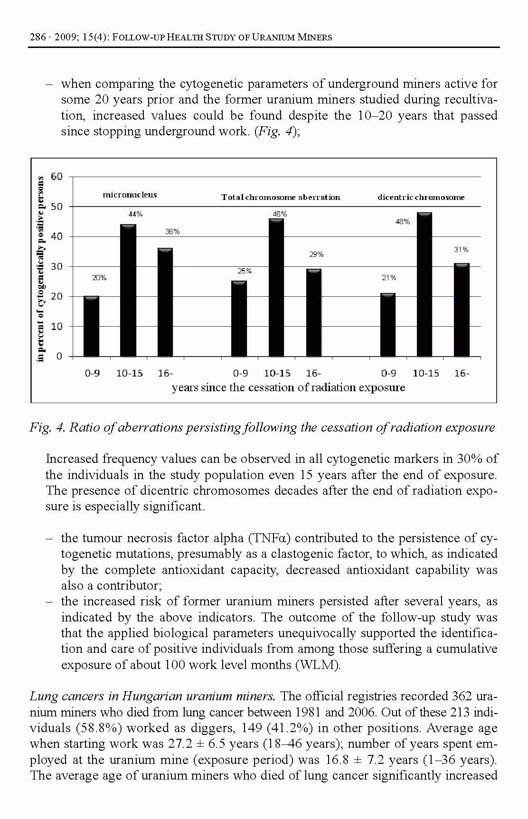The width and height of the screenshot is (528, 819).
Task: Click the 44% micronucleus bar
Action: (x=128, y=290)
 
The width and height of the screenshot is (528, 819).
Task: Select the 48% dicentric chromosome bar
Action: (x=424, y=284)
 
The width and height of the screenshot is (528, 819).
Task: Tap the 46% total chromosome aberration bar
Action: (x=276, y=287)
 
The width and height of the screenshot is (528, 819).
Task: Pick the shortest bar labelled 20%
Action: (x=91, y=326)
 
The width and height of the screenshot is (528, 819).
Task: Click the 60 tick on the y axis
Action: (x=57, y=177)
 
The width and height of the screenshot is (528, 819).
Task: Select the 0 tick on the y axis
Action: (x=59, y=357)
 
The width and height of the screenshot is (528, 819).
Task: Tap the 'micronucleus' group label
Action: (x=130, y=195)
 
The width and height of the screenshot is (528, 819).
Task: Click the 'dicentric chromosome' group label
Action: (x=421, y=198)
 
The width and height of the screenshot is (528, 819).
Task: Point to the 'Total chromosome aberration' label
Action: (x=281, y=198)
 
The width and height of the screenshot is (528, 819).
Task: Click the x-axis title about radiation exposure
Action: (x=288, y=388)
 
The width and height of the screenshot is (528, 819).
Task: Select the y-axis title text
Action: (x=41, y=268)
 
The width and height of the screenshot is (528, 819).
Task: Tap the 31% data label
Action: (x=461, y=249)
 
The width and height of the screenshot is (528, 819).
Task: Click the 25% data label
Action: (x=245, y=271)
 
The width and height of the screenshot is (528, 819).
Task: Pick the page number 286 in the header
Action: (x=38, y=37)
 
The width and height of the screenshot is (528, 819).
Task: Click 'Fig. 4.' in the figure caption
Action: (x=47, y=428)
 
